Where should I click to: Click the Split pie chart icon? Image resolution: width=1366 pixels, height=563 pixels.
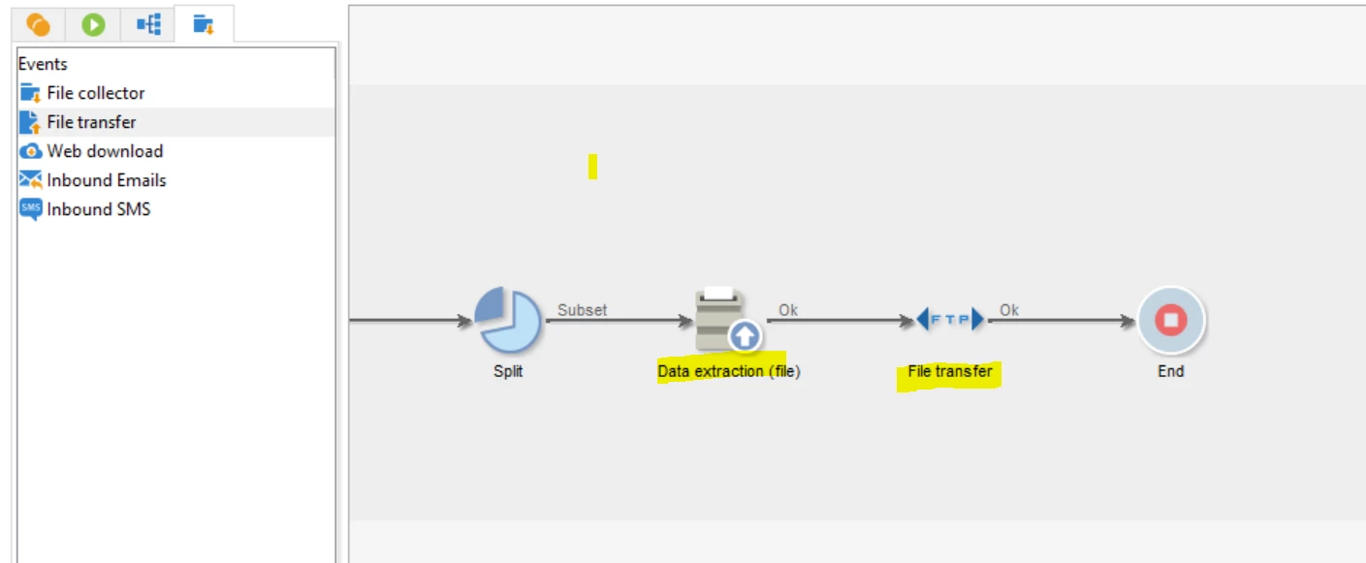(x=508, y=321)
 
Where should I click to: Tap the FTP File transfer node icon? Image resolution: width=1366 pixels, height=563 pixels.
(x=950, y=319)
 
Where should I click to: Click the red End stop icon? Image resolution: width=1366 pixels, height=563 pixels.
(x=1170, y=320)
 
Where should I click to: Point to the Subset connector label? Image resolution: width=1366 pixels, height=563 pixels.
(x=582, y=310)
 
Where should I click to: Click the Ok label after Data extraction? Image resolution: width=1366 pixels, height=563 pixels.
(x=788, y=310)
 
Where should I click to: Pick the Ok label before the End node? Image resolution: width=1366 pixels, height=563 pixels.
(x=1009, y=310)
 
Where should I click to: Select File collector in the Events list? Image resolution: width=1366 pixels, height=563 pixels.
(x=95, y=93)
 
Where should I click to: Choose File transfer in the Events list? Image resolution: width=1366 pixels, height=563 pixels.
(x=91, y=122)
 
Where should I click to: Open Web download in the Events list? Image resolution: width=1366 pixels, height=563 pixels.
(x=104, y=151)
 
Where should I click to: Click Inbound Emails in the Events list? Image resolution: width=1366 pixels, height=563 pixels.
(x=106, y=180)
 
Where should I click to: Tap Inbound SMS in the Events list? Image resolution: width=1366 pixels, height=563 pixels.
(x=98, y=209)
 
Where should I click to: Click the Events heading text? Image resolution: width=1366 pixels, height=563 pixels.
(x=43, y=64)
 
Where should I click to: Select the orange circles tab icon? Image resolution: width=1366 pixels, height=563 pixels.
(x=39, y=24)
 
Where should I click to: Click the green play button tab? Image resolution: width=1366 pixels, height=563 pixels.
(x=93, y=24)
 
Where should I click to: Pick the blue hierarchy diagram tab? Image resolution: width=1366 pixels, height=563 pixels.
(x=148, y=24)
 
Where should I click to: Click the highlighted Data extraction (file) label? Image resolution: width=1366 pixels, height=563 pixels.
(x=729, y=371)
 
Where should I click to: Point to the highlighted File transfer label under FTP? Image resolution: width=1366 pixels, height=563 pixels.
(x=949, y=371)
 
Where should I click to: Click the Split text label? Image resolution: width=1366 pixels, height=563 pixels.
(x=508, y=371)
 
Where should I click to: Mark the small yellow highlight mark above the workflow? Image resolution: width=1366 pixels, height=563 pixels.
(x=592, y=167)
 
